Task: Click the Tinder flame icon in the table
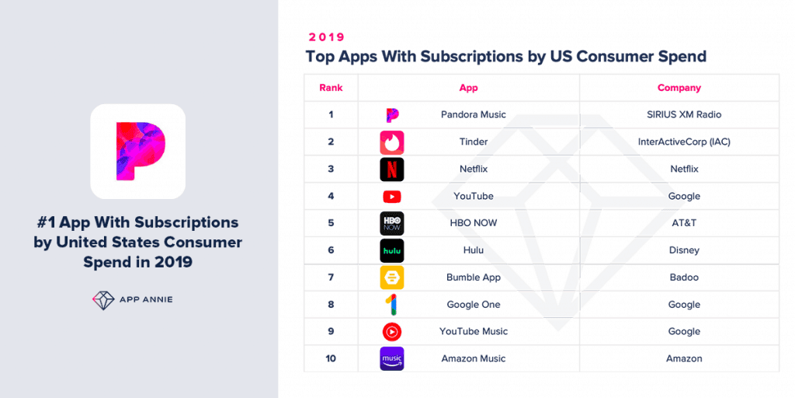tap(392, 142)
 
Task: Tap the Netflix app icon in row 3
tap(392, 169)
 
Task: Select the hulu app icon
tap(392, 250)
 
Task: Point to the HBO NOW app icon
tap(392, 223)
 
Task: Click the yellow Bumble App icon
tap(392, 278)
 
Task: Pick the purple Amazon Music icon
tap(392, 358)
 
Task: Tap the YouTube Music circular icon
tap(392, 332)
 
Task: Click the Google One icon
tap(392, 305)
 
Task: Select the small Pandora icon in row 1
tap(392, 115)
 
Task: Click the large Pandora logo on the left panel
tap(137, 152)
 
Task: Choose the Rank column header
tap(331, 88)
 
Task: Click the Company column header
tap(679, 88)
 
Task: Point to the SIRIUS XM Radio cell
tap(684, 115)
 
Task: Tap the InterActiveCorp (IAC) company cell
tap(684, 142)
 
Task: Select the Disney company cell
tap(684, 250)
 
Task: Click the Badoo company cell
tap(684, 278)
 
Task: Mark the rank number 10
tap(331, 358)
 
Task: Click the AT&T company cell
tap(684, 223)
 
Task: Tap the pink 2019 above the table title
tap(326, 37)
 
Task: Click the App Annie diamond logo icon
tap(103, 300)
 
